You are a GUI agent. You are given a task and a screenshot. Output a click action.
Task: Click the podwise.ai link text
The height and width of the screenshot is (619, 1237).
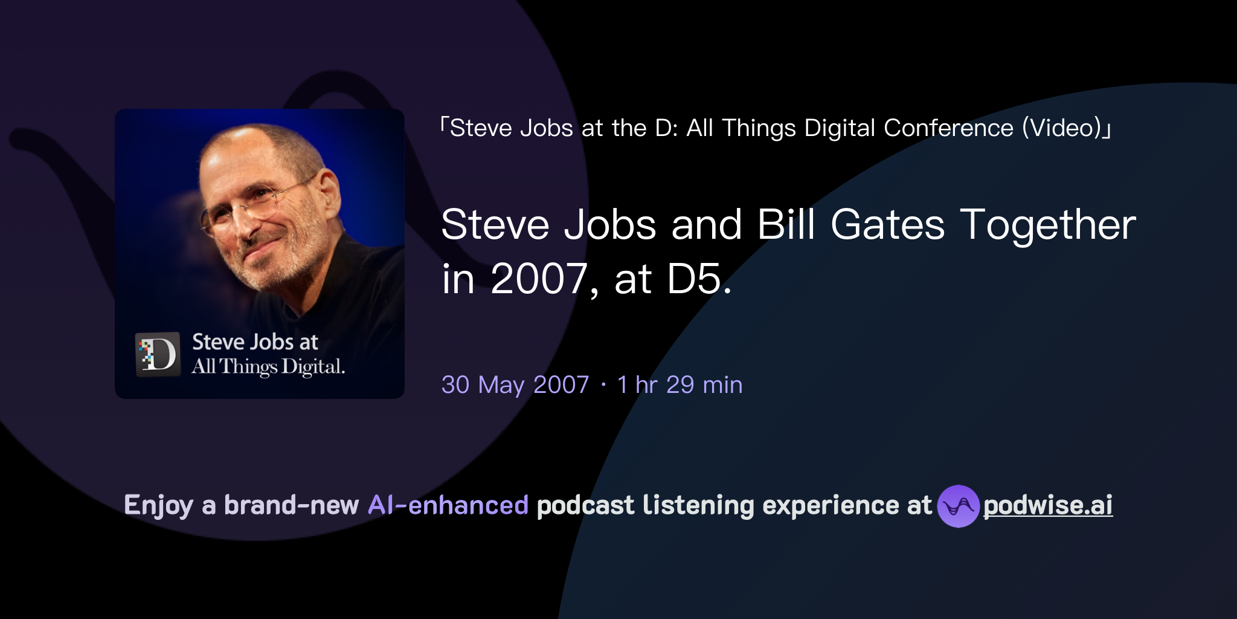point(1048,505)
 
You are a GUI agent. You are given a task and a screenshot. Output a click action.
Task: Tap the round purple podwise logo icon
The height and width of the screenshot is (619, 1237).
point(958,506)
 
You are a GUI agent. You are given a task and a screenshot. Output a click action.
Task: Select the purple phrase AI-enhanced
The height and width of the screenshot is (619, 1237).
point(448,505)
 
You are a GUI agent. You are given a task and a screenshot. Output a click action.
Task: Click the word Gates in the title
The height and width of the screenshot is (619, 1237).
point(887,225)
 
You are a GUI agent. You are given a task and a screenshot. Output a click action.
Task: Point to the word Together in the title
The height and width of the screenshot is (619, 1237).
point(1048,225)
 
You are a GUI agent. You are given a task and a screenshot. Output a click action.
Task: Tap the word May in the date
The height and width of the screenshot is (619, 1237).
point(501,385)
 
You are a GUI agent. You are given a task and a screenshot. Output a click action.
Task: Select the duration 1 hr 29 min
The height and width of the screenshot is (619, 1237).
point(680,385)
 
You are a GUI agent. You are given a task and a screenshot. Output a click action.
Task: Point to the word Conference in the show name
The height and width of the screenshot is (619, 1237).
point(948,128)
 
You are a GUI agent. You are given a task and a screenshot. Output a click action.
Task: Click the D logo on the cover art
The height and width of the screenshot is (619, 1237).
point(158,354)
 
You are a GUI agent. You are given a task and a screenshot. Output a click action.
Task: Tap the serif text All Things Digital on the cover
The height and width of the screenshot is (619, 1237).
point(268,367)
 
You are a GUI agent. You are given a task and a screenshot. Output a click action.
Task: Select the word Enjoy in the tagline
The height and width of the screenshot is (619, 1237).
point(158,505)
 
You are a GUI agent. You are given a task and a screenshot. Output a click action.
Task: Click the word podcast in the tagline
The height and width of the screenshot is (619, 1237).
point(585,505)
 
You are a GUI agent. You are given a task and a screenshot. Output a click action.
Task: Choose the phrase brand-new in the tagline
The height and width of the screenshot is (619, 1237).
point(292,505)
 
